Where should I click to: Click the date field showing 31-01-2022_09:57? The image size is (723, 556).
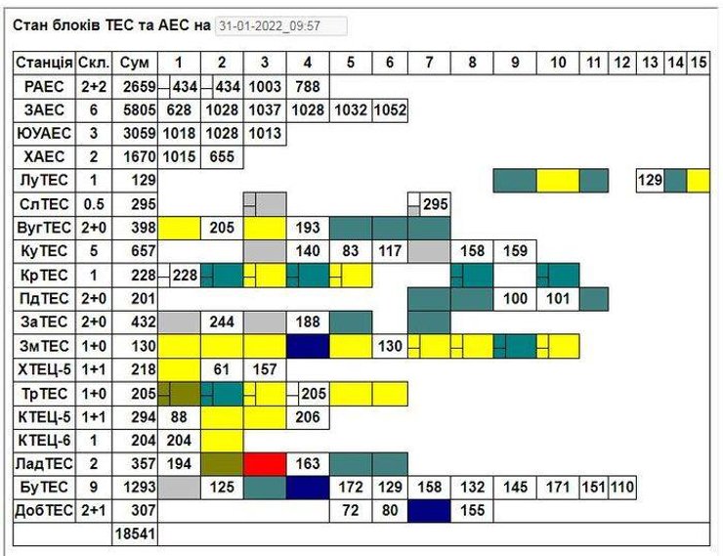click(281, 25)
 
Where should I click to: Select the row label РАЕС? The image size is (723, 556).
click(44, 86)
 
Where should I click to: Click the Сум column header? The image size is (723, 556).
click(134, 64)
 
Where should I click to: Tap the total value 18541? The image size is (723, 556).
click(134, 534)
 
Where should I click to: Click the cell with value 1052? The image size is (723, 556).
click(390, 109)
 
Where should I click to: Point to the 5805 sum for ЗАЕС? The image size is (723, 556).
click(134, 109)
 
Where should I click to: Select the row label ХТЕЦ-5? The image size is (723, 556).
click(44, 368)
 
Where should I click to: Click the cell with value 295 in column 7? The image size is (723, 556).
click(428, 203)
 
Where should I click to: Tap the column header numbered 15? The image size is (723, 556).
click(699, 64)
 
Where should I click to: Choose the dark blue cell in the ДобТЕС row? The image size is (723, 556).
click(428, 510)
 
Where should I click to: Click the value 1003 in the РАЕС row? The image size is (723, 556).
click(265, 86)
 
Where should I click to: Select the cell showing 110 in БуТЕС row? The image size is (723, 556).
click(621, 487)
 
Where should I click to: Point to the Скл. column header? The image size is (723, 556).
click(93, 64)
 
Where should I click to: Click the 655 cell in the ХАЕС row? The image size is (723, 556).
click(222, 156)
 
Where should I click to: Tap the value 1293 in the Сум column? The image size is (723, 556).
click(134, 487)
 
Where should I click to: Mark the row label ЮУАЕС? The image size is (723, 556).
click(44, 133)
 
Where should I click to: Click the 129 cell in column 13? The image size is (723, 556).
click(650, 180)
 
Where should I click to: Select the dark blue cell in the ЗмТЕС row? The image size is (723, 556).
click(308, 345)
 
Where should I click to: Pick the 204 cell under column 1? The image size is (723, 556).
click(180, 439)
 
